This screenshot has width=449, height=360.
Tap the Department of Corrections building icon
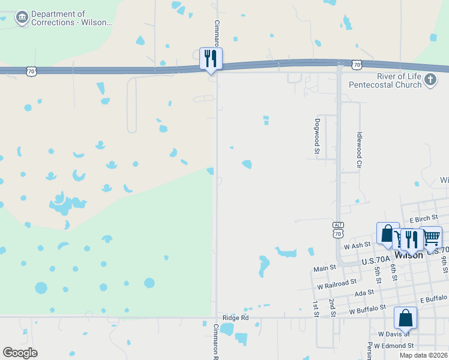coord(22,18)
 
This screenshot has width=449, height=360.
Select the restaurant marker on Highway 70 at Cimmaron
coord(211,59)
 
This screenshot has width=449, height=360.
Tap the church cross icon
coord(430,80)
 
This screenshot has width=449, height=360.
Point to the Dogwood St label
coord(316,136)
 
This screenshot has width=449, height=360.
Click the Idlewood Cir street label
coord(359,149)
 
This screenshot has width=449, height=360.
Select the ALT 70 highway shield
coord(339,229)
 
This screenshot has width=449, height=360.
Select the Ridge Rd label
coord(235,317)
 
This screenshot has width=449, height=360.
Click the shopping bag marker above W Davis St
coord(405,318)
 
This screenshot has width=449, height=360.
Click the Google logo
coord(20,353)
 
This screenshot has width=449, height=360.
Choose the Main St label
coord(325,268)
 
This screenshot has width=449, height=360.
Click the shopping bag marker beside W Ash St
coord(388,233)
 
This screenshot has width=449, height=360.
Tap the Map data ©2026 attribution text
coord(423,355)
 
